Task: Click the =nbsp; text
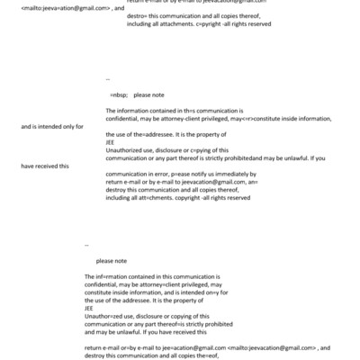118,94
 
